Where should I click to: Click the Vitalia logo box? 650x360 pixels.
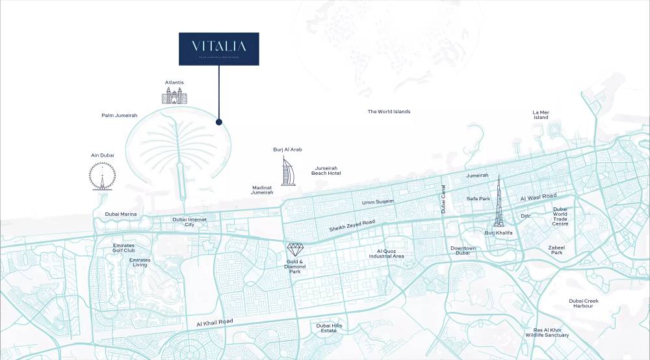point(219,49)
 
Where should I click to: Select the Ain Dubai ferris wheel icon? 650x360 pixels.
point(102,175)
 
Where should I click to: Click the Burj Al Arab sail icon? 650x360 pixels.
point(287,171)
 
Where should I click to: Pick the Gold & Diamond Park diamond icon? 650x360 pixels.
point(295,250)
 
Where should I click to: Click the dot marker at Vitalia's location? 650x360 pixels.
point(219,122)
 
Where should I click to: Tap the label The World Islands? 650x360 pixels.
point(389,112)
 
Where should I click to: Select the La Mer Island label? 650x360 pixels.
point(541,115)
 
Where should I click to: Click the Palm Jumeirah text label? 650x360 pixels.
point(119,116)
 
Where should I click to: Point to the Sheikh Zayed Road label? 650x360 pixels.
point(352,225)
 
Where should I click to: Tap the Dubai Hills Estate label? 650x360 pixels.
point(328,328)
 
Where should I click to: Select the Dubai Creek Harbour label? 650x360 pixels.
point(584,303)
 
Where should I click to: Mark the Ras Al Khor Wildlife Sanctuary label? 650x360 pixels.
point(547,333)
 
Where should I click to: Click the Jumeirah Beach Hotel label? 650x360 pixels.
point(326,170)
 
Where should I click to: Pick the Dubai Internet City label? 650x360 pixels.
point(189,222)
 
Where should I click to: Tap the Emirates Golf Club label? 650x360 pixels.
point(123,248)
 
